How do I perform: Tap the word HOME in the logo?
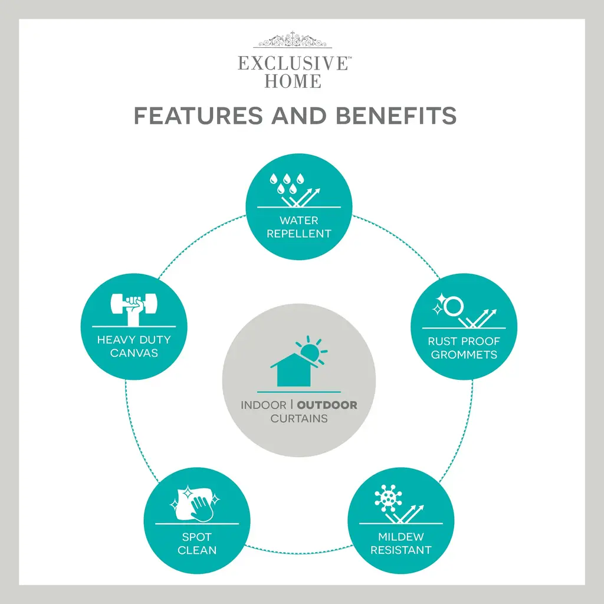(x=293, y=81)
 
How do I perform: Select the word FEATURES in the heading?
(x=198, y=116)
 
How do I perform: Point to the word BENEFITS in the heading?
(x=396, y=116)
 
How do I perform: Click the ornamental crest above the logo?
(x=293, y=40)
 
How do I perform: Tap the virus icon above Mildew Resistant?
(x=388, y=498)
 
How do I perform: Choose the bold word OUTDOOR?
(x=327, y=405)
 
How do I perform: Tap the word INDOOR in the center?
(x=264, y=405)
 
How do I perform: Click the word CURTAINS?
(x=299, y=418)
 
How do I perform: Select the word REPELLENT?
(x=299, y=234)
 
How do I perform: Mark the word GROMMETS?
(x=464, y=354)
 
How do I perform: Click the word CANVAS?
(x=134, y=353)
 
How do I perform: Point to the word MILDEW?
(x=401, y=537)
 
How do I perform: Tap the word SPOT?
(x=197, y=537)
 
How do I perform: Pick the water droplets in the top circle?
(x=287, y=183)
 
